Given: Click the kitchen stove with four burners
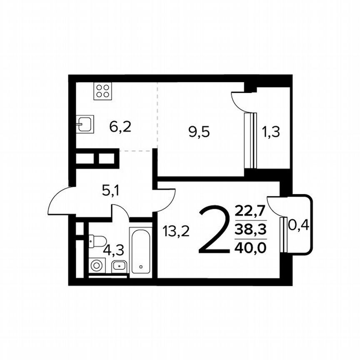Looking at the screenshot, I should (103, 91).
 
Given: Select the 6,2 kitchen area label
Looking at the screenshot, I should (120, 126).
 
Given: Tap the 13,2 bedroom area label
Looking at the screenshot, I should (176, 230).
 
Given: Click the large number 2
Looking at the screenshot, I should (215, 232).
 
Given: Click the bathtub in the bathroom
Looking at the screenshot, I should (141, 250).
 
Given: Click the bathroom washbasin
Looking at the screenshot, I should (119, 265).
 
